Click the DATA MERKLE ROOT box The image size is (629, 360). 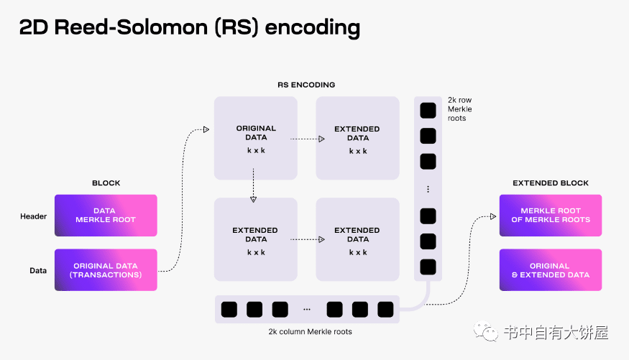[105, 216]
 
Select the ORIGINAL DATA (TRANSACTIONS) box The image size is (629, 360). [105, 270]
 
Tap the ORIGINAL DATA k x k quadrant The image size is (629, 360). [256, 138]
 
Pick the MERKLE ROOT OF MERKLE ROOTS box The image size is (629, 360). [550, 216]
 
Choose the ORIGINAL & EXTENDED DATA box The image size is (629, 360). [550, 270]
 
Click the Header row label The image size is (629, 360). [34, 216]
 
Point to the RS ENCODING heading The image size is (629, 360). [306, 85]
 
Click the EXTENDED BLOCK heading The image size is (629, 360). [550, 183]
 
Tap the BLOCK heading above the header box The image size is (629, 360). [106, 183]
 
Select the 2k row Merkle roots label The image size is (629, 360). [460, 109]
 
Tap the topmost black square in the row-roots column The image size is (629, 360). [428, 110]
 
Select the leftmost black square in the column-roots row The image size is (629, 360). [229, 310]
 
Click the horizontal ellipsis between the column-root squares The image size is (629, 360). [307, 310]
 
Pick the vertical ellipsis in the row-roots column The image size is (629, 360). [428, 189]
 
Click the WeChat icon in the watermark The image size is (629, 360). [487, 333]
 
